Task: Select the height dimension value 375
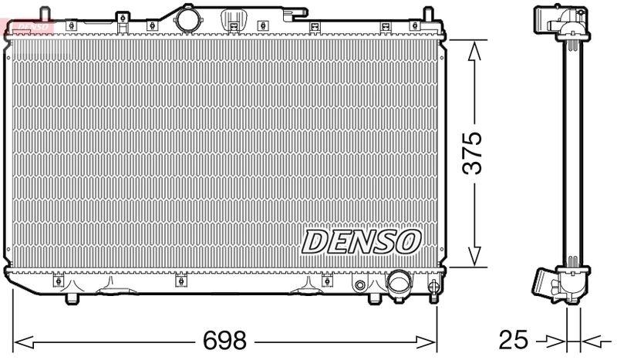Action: (472, 153)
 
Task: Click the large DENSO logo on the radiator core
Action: (360, 241)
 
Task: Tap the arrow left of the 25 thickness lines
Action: (555, 338)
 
